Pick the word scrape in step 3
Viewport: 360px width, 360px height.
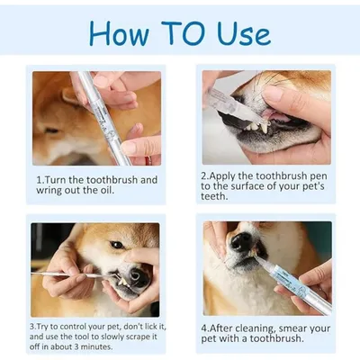coord(131,336)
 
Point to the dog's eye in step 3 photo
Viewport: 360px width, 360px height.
coord(117,245)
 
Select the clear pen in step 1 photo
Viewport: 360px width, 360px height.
coord(99,108)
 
